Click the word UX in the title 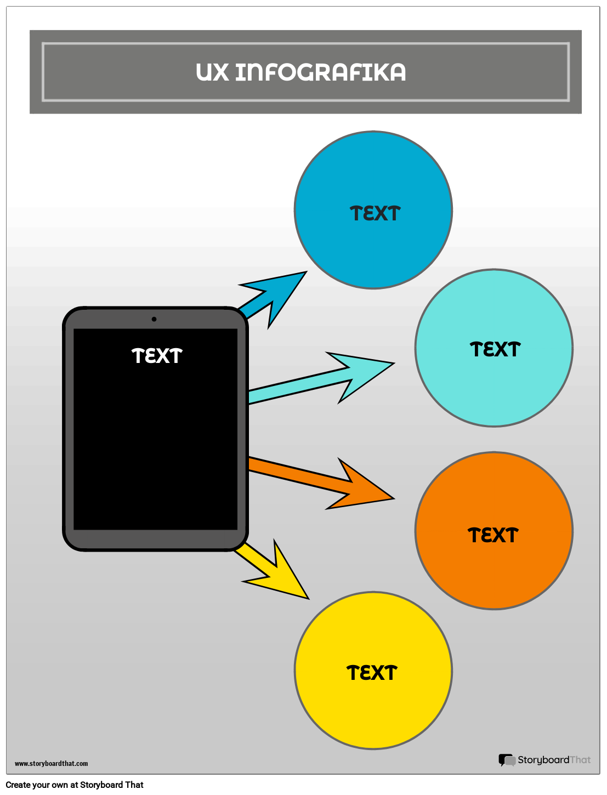212,72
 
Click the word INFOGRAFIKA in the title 320,72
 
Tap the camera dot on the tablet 154,319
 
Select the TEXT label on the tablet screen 157,356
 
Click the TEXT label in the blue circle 375,214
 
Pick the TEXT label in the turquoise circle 495,350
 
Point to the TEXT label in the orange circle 493,536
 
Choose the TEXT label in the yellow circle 372,673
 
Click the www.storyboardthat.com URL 51,763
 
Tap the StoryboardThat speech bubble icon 506,760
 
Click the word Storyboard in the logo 543,760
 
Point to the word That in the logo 580,760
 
